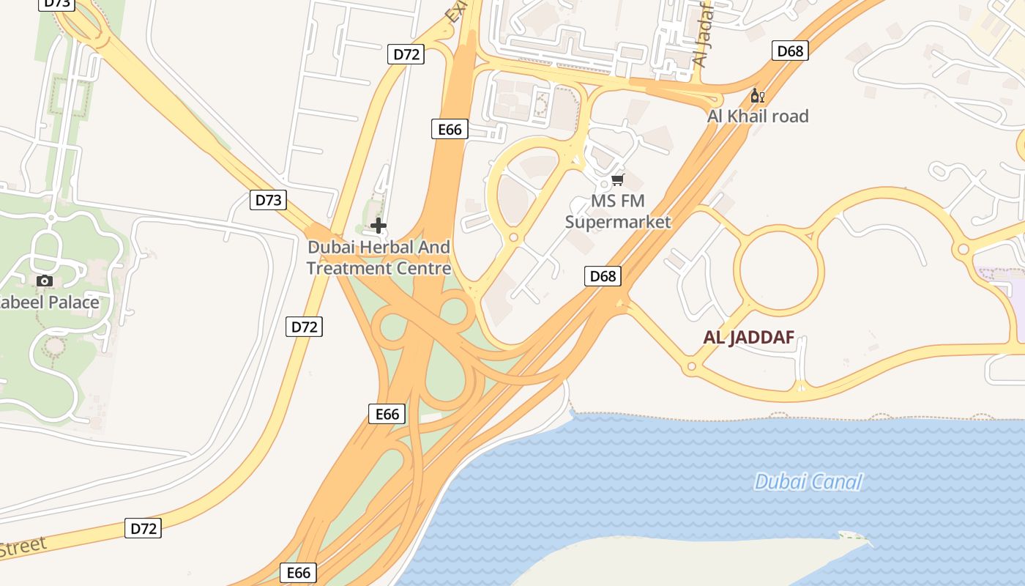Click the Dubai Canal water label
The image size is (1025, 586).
(x=808, y=482)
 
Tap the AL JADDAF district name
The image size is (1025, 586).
(x=748, y=338)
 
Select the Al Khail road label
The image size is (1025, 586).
(x=758, y=116)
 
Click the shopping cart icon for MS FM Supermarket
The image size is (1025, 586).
(x=618, y=179)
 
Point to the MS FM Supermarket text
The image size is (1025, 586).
(x=618, y=211)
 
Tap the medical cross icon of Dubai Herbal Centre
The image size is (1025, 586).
(x=378, y=226)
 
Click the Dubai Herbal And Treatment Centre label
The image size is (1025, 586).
(x=379, y=258)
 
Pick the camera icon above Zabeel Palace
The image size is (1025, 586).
(x=45, y=281)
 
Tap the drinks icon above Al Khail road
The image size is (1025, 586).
(x=757, y=96)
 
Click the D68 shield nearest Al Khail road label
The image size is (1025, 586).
(x=790, y=51)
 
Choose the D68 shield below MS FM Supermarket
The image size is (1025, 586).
(x=603, y=276)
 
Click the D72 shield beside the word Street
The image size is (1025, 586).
(x=143, y=528)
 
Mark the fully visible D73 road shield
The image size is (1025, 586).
(x=268, y=200)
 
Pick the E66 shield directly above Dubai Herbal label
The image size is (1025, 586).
(x=450, y=130)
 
